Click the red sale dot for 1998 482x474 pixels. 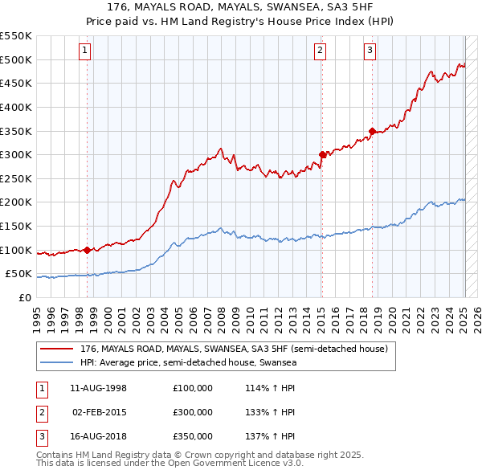tap(87, 250)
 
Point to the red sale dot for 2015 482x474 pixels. tap(322, 154)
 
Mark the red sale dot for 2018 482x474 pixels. tap(373, 131)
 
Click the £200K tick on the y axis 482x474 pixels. tap(16, 202)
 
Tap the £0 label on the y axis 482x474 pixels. tap(25, 297)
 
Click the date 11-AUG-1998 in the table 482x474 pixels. tap(99, 388)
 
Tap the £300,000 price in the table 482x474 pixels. tap(193, 412)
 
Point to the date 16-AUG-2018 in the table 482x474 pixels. tap(99, 436)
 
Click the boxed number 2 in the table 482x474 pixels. tap(41, 412)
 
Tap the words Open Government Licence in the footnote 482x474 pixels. tap(234, 464)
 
